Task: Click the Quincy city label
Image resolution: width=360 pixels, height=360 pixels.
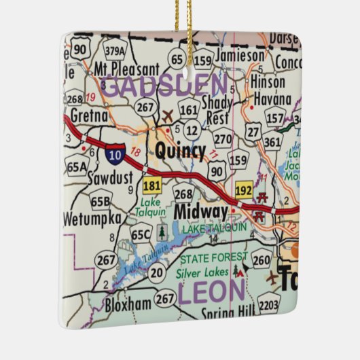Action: (180, 150)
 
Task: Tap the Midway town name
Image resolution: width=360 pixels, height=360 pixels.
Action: (200, 212)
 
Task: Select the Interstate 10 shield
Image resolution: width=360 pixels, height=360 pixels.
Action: (114, 156)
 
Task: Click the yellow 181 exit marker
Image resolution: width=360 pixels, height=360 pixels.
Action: (151, 184)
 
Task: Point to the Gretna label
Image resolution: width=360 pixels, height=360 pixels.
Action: (88, 115)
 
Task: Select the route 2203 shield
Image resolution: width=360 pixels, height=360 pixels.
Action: (268, 306)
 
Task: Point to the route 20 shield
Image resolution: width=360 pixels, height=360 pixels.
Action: (156, 272)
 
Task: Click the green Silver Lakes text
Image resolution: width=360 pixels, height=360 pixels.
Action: (201, 272)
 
